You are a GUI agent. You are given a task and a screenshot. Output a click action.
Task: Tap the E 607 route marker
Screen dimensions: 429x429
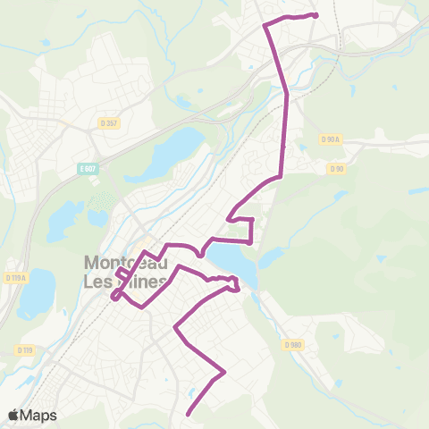pos(87,168)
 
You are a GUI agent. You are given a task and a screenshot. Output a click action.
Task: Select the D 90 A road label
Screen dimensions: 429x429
pos(331,139)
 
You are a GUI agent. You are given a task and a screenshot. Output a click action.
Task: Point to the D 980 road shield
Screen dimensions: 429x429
pos(293,344)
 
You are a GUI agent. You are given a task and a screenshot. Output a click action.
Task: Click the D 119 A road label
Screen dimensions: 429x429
pos(15,277)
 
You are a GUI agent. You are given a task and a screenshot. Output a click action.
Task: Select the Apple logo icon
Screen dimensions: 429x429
pos(14,415)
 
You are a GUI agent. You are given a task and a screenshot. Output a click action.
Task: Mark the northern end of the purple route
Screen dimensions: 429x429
pos(316,15)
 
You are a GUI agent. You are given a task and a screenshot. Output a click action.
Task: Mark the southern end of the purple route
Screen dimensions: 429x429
pos(189,413)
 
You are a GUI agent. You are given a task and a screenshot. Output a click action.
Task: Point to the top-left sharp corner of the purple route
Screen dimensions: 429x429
pos(265,26)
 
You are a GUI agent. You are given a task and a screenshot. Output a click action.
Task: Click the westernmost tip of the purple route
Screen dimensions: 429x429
pos(113,297)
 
